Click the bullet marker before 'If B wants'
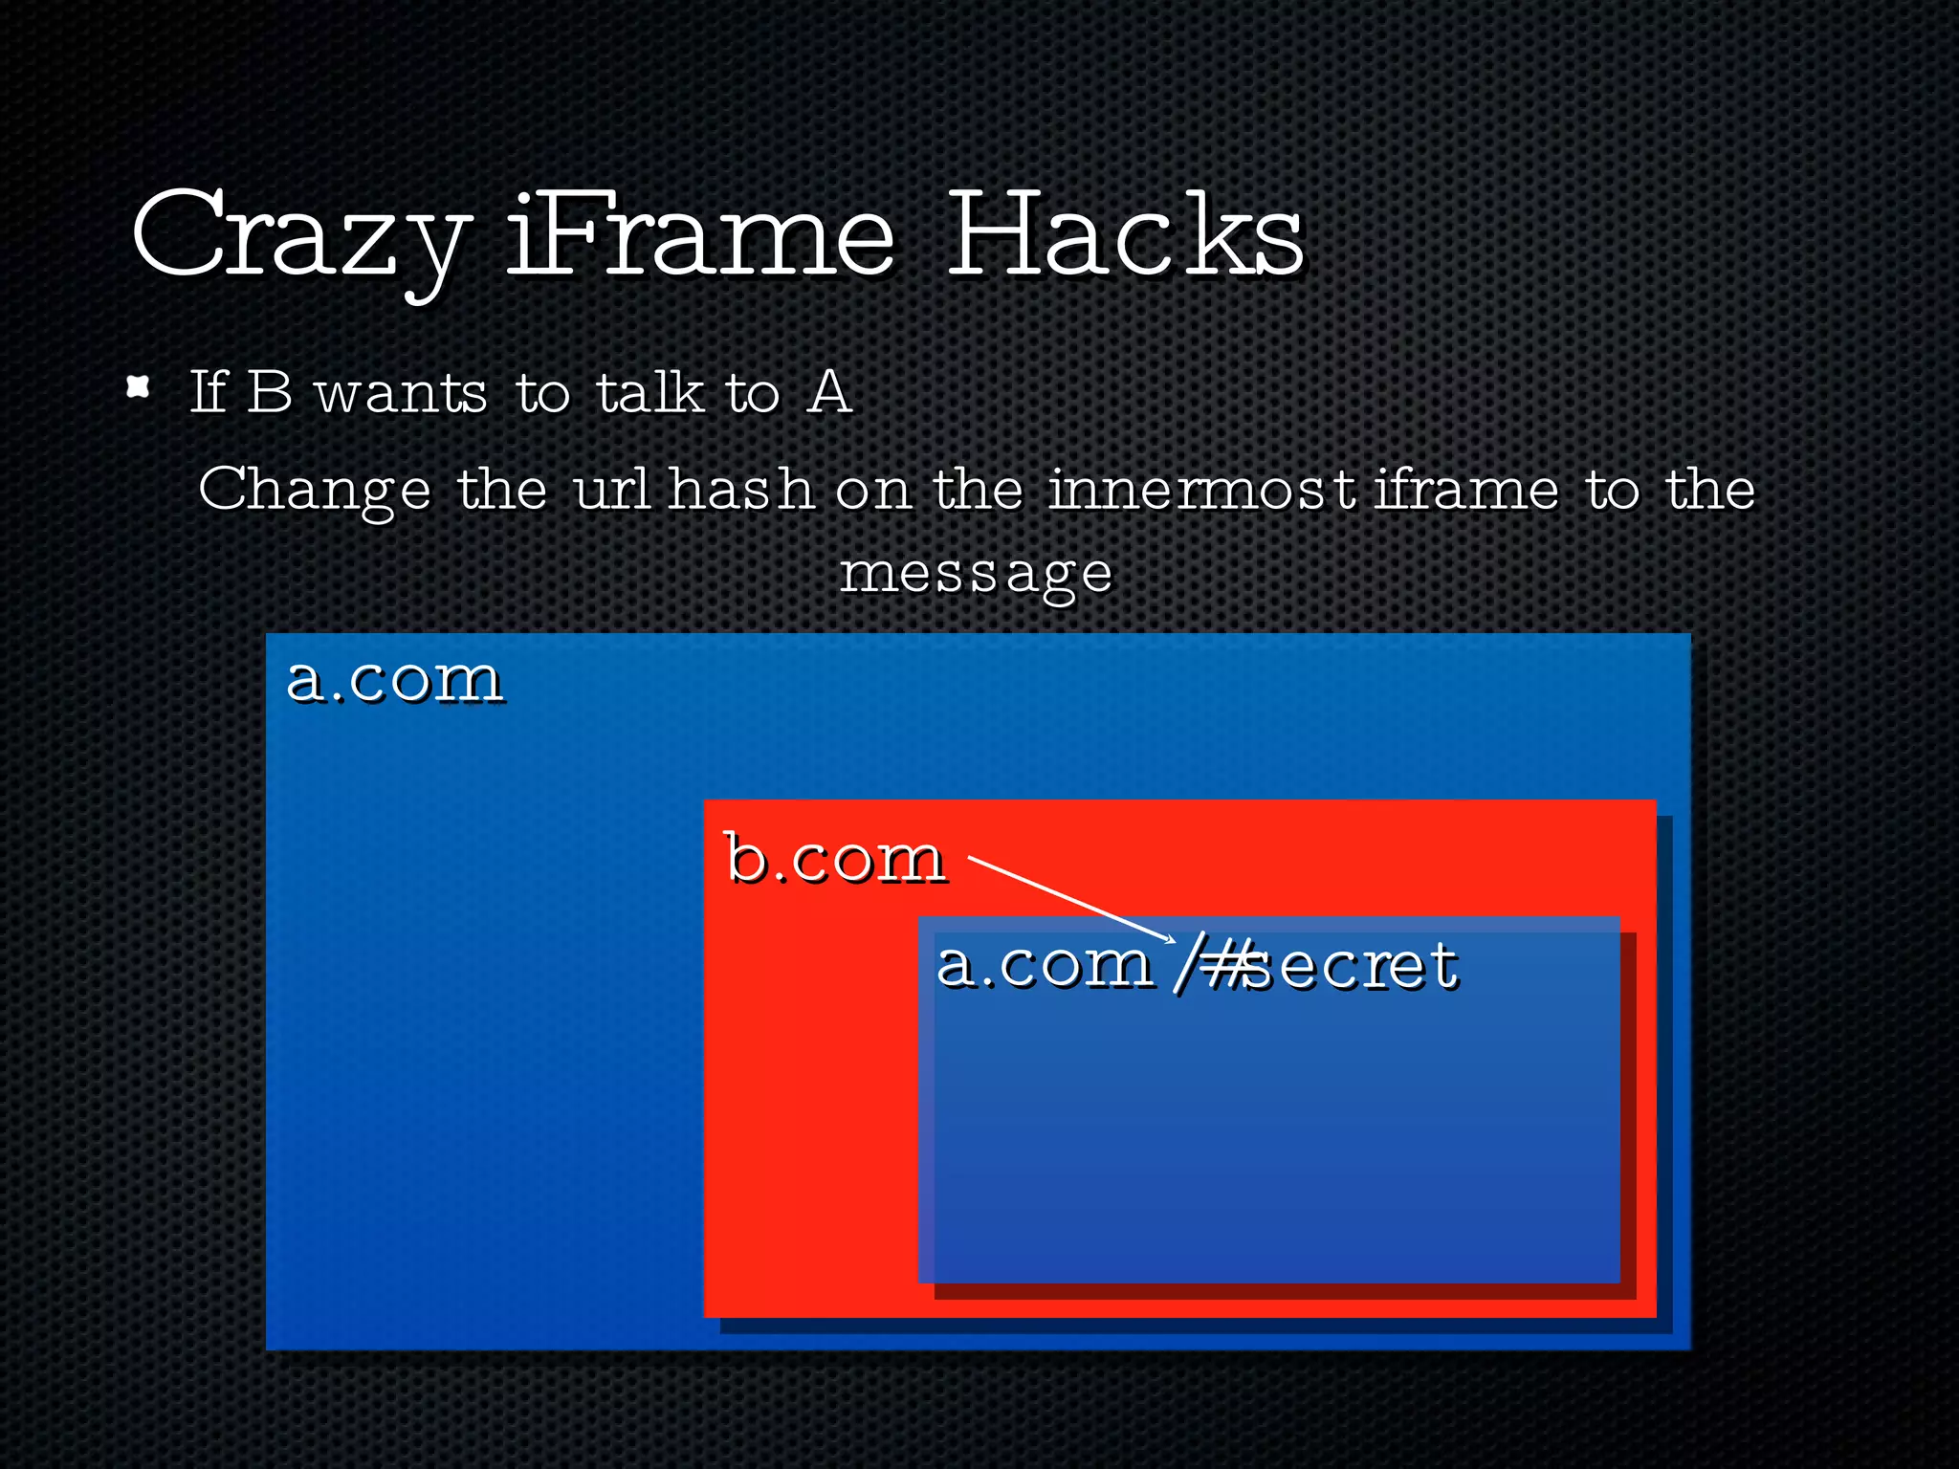click(139, 387)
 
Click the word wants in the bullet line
click(401, 394)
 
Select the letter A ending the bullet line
click(828, 392)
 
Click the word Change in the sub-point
click(314, 491)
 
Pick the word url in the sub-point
click(611, 489)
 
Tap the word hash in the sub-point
click(740, 489)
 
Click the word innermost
click(1201, 489)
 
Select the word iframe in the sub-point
click(1466, 489)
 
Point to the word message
click(976, 574)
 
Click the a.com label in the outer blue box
click(394, 680)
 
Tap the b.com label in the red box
click(835, 858)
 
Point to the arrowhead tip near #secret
click(1174, 941)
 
